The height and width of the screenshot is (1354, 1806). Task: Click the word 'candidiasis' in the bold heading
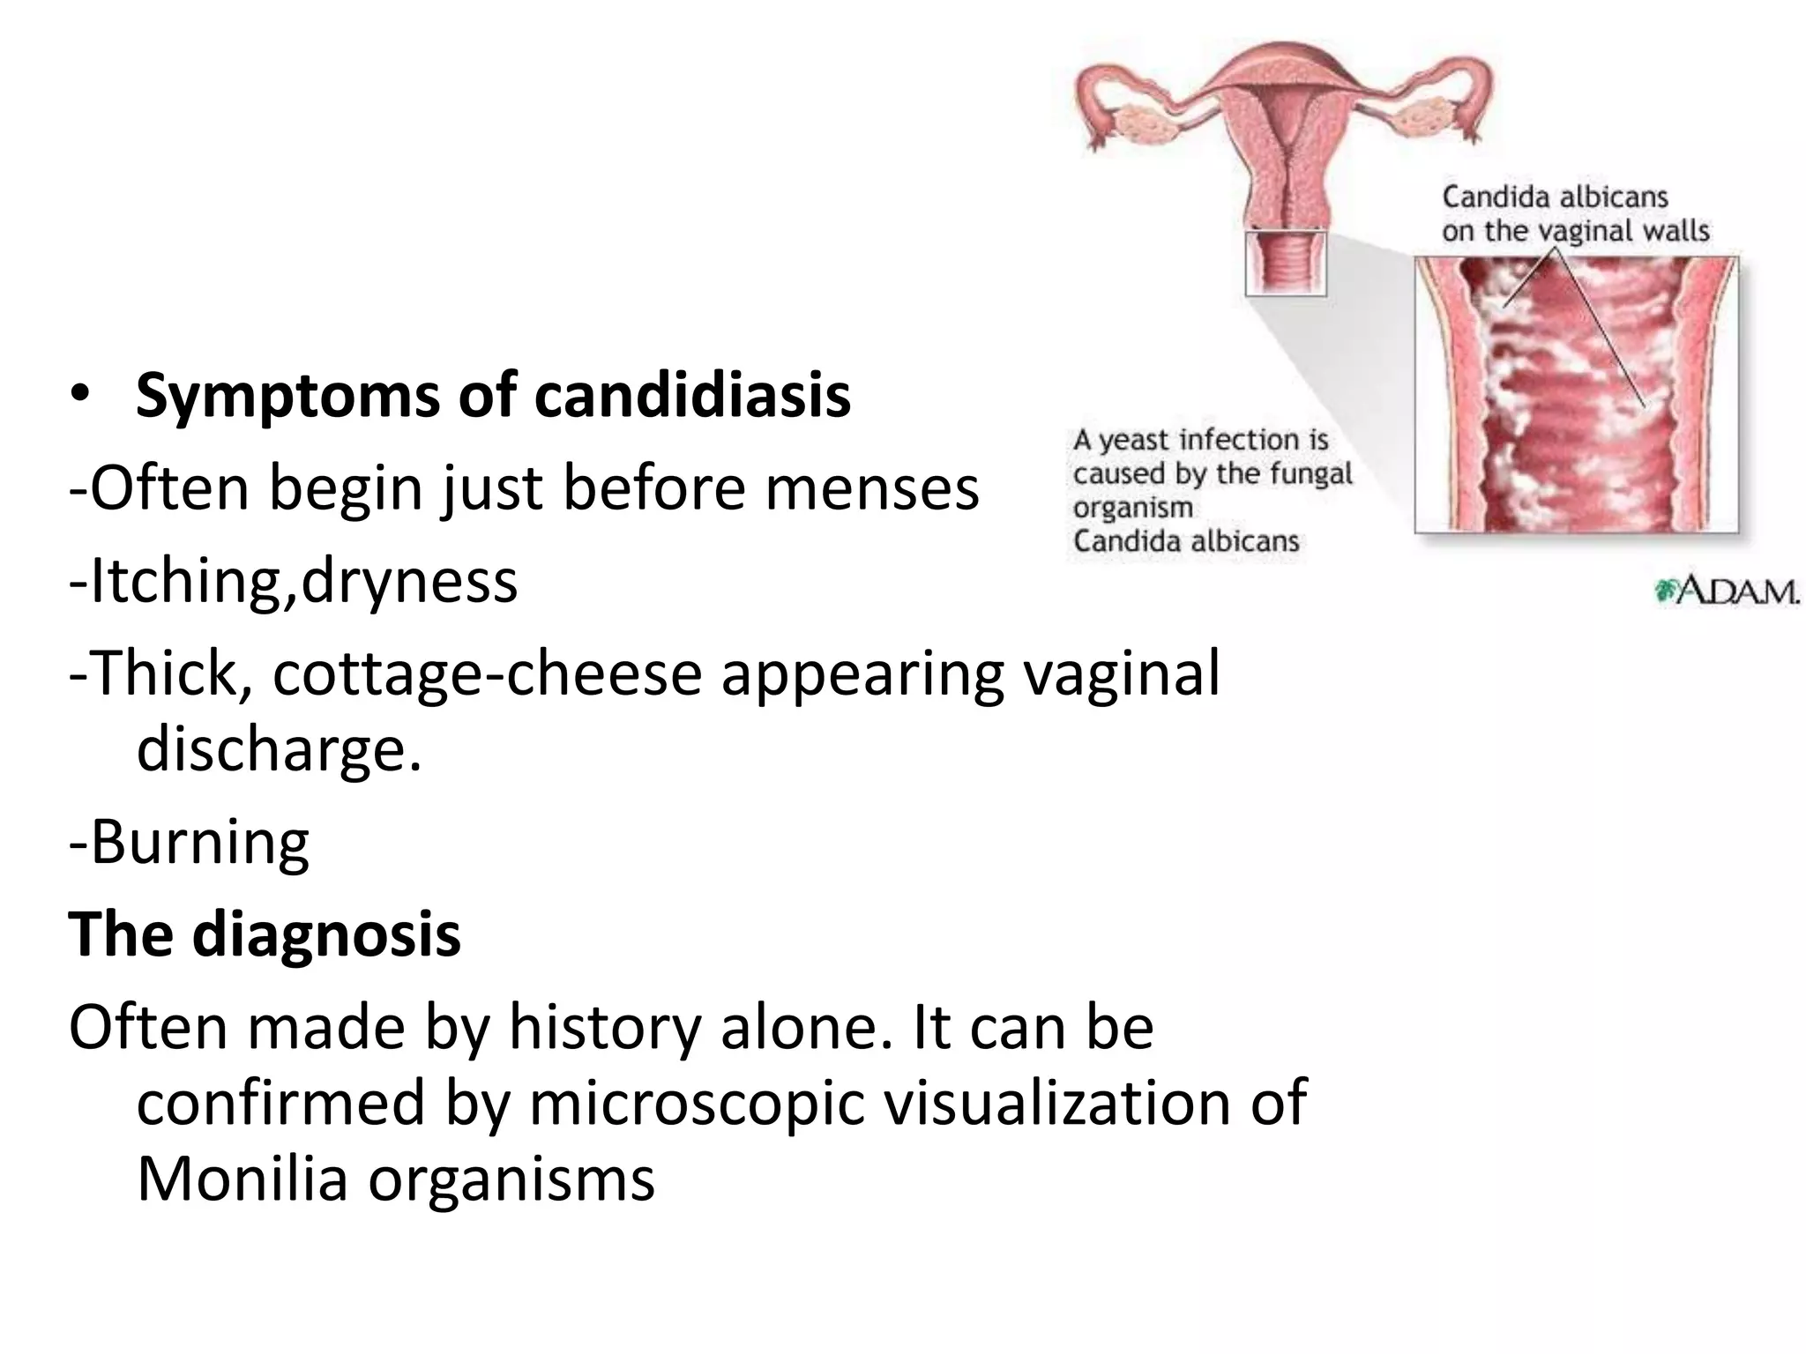pos(692,396)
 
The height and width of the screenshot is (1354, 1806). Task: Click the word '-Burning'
pos(190,842)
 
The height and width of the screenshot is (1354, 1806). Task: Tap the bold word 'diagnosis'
pos(326,934)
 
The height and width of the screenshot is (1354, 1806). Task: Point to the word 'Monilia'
pos(243,1179)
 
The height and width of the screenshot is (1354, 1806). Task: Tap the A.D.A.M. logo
pos(1727,591)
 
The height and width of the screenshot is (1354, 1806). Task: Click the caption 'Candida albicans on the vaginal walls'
pos(1575,213)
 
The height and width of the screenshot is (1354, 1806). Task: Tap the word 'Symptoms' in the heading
pos(287,396)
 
